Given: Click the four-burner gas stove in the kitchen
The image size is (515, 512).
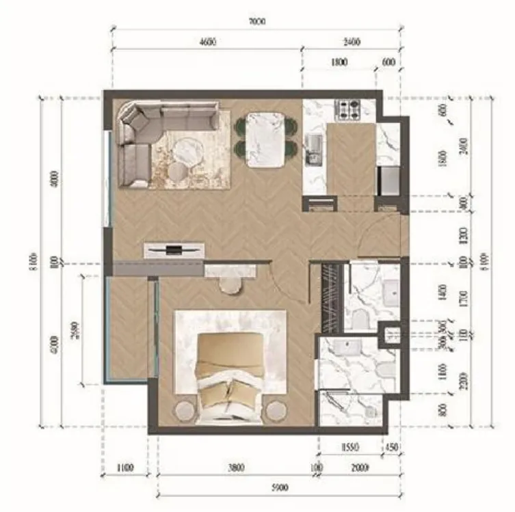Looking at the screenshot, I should click(x=347, y=107).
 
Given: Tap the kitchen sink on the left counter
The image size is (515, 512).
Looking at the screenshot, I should click(x=313, y=145).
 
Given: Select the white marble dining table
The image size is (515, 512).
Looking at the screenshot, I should click(x=265, y=140).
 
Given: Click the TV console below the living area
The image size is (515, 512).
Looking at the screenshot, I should click(x=174, y=250).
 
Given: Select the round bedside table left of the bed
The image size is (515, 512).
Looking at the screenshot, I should click(x=185, y=412).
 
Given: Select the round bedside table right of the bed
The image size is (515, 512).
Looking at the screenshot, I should click(x=276, y=412).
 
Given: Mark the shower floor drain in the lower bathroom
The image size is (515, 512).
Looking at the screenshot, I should click(x=369, y=413).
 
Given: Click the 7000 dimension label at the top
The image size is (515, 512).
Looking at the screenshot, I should click(x=256, y=21).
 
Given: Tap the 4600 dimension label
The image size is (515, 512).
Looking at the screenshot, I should click(x=207, y=42).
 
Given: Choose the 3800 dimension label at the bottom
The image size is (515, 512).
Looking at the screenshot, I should click(x=235, y=468).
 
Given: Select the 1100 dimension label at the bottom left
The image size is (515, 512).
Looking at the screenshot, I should click(x=124, y=468).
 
